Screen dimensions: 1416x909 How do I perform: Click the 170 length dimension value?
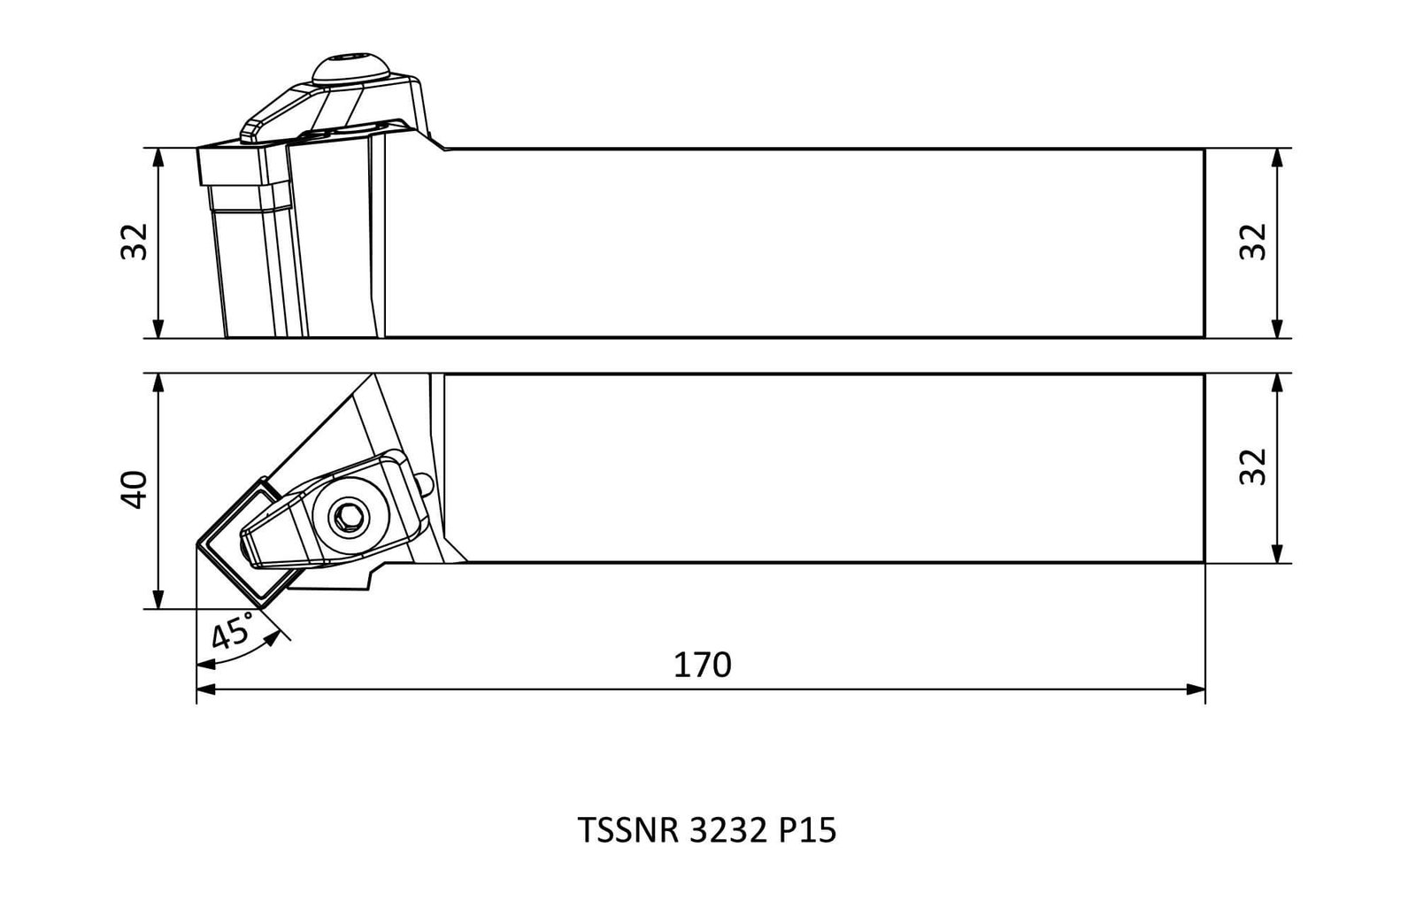pos(702,665)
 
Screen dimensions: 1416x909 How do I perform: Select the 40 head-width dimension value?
pos(134,489)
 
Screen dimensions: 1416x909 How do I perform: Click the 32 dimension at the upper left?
pos(134,242)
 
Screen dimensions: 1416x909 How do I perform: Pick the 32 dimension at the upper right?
pos(1252,242)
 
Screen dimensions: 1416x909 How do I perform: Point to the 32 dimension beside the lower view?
pos(1252,466)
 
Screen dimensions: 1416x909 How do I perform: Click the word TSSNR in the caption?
pos(627,830)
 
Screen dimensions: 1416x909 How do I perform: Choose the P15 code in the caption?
pos(807,830)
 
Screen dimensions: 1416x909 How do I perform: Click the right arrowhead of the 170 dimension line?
pos(1196,689)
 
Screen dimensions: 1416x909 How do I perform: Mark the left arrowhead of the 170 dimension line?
pos(206,689)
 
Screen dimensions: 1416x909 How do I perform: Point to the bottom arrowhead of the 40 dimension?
pos(158,599)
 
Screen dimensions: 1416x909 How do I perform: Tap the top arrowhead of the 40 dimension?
pos(158,383)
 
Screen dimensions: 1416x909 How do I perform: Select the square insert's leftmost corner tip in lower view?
pos(197,543)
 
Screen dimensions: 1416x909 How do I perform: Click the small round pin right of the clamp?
pos(427,485)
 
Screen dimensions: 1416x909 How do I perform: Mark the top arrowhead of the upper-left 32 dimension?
pos(158,158)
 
